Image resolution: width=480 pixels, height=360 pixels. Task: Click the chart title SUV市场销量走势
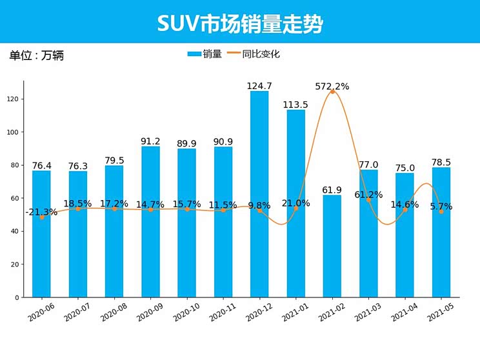click(x=240, y=24)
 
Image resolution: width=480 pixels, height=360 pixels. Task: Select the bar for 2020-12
click(x=259, y=194)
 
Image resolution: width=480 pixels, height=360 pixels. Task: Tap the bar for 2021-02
click(x=332, y=246)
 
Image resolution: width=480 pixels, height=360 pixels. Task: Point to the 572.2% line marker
click(x=332, y=92)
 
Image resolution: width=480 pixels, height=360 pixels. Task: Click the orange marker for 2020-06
click(x=42, y=217)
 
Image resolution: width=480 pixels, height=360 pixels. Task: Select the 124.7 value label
click(x=259, y=86)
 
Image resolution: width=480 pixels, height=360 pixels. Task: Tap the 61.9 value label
click(x=332, y=190)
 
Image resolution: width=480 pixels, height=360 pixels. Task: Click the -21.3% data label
click(x=41, y=212)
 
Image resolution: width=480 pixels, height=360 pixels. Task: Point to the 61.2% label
click(x=368, y=194)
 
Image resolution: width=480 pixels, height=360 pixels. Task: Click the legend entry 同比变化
click(x=261, y=54)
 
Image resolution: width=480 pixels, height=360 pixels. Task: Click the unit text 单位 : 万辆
click(x=37, y=55)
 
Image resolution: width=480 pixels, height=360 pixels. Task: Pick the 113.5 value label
click(x=296, y=105)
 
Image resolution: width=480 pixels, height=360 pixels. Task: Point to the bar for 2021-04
click(x=405, y=235)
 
